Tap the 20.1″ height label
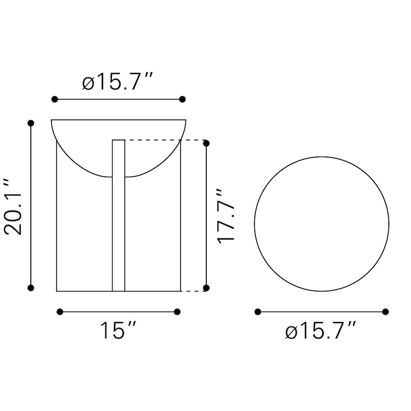click(13, 207)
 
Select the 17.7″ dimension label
click(225, 216)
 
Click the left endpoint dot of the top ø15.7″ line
click(55, 99)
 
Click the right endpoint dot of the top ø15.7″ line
click(182, 99)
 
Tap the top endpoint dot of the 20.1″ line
click(31, 123)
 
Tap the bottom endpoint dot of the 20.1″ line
click(31, 288)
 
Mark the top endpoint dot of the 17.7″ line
click(206, 143)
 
